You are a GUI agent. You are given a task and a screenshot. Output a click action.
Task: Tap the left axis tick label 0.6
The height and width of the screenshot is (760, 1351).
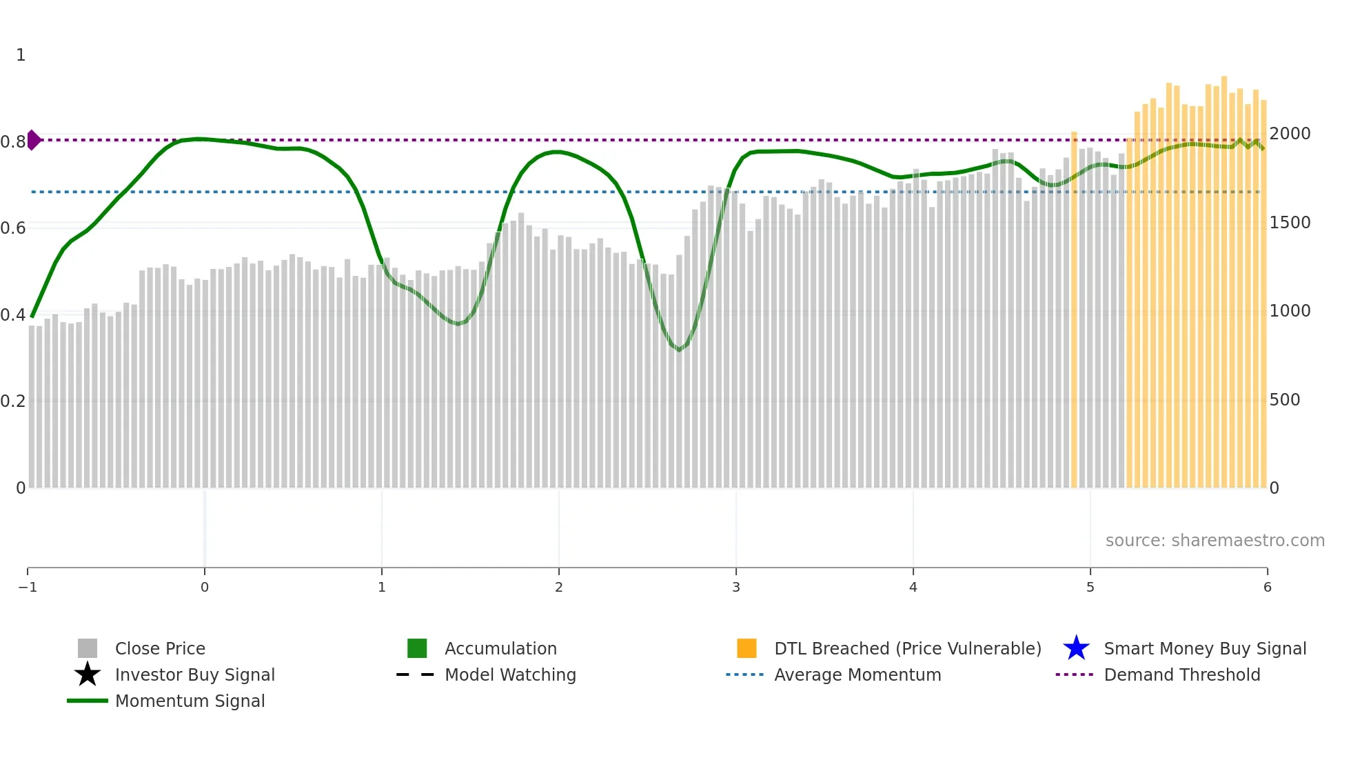pos(13,228)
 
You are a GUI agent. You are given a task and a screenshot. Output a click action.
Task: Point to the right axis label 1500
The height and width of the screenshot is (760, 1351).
pos(1290,223)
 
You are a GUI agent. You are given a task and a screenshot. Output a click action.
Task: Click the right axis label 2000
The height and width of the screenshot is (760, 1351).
pos(1290,134)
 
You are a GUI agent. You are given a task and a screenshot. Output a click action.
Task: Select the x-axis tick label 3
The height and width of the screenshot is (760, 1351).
pos(736,588)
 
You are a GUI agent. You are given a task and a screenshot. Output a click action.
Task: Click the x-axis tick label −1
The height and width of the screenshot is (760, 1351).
pos(28,588)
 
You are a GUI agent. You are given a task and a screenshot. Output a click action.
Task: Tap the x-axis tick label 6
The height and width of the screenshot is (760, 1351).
pos(1267,588)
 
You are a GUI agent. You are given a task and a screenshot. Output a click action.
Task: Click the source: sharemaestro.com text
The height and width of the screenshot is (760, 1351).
pos(1215,541)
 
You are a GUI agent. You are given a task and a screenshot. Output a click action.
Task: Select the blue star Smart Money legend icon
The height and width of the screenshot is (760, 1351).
pos(1076,648)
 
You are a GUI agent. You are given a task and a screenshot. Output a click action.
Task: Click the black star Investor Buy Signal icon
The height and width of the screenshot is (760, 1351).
pos(88,674)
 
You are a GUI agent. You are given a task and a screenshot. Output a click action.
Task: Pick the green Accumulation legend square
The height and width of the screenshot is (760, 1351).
pos(417,648)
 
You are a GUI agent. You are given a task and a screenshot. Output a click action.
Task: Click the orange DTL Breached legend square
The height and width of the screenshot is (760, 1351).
pos(746,648)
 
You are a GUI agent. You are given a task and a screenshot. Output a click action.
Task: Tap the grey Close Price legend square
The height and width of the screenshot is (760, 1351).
pos(88,648)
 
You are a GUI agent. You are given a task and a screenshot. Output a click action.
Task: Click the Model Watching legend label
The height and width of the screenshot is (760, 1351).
pos(510,675)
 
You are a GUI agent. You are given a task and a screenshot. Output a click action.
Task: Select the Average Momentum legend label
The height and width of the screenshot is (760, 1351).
pos(857,675)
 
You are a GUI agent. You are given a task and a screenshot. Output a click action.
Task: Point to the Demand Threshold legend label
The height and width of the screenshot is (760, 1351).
pos(1181,675)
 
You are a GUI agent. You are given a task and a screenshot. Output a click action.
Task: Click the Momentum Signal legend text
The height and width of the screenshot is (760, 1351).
pos(190,701)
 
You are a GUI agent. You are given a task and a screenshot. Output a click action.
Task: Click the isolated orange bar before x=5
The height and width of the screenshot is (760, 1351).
pos(1074,310)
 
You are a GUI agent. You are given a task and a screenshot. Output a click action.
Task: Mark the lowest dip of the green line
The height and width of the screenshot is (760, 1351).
pos(679,350)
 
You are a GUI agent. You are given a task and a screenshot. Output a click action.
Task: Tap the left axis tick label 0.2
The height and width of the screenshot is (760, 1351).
pos(13,401)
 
